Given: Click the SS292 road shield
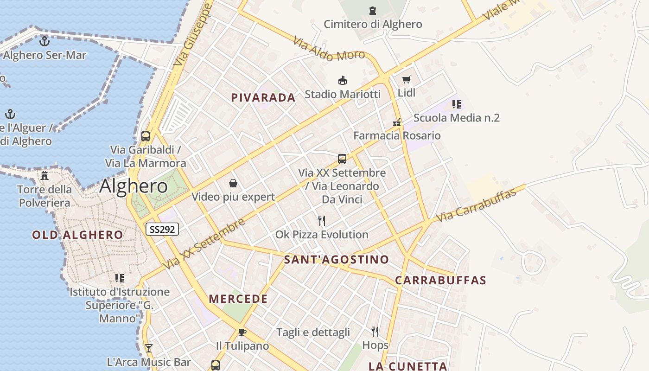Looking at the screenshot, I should [162, 229].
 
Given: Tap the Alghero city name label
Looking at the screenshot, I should [134, 186].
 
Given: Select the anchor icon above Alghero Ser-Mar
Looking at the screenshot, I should [45, 41].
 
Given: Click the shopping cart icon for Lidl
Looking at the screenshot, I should [407, 80].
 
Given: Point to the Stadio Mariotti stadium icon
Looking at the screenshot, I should [343, 81].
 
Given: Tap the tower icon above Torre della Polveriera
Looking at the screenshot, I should [45, 176].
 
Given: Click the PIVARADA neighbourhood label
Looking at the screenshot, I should [263, 97].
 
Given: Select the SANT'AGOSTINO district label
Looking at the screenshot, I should [336, 259].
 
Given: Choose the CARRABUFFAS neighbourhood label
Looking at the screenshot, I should [440, 280].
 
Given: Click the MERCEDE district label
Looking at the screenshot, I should [238, 299].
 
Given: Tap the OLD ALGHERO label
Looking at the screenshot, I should [77, 235].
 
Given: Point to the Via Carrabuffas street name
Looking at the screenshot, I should [476, 205].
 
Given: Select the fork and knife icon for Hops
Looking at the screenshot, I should [375, 331].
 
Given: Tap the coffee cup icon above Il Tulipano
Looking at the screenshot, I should [242, 332].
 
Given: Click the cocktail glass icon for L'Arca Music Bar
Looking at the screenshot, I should [148, 348].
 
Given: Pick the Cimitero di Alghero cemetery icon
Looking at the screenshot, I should [373, 10].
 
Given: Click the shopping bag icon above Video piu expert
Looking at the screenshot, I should [233, 183].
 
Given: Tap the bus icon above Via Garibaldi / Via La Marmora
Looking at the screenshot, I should [146, 136].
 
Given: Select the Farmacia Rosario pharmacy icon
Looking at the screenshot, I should [397, 122].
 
